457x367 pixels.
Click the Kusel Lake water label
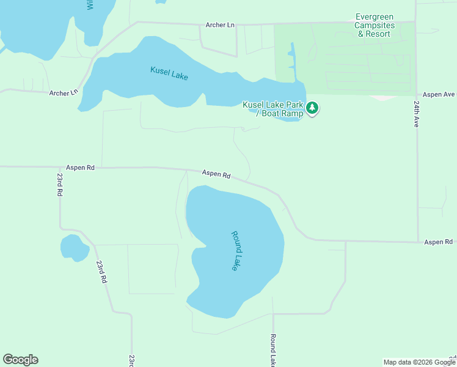tap(169, 73)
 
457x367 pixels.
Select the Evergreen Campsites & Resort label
tap(375, 26)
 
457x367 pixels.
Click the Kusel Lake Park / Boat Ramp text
tap(273, 109)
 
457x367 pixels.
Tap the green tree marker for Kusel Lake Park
tap(313, 108)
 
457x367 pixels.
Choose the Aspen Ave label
tap(439, 95)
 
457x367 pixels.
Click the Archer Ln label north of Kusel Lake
tap(219, 25)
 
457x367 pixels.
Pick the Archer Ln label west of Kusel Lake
tap(64, 93)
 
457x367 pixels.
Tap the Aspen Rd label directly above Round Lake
tap(217, 174)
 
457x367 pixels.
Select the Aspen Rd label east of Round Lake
tap(439, 242)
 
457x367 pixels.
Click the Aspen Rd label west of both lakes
tap(81, 167)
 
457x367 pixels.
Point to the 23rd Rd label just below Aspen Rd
tap(60, 184)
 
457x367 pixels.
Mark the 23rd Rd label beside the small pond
tap(101, 271)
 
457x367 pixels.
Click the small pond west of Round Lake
tap(75, 248)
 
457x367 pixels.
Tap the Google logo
tap(20, 360)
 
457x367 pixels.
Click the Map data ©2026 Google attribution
tap(419, 362)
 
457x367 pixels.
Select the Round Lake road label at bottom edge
tap(273, 350)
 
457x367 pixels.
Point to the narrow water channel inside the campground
tap(291, 61)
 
